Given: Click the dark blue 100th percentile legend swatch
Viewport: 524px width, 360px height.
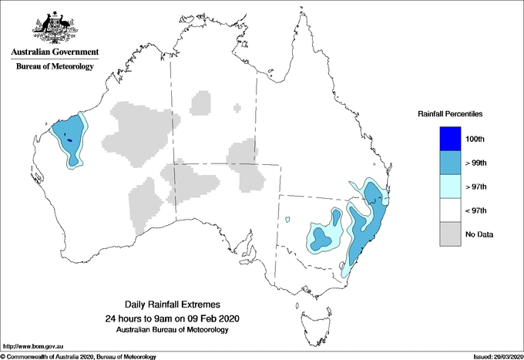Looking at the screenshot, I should pos(450,139).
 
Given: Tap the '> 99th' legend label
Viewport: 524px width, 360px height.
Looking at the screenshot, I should pos(477,163).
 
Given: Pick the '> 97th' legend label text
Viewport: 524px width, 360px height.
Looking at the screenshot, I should pos(477,187).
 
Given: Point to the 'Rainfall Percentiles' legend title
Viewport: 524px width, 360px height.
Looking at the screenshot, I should pos(450,114).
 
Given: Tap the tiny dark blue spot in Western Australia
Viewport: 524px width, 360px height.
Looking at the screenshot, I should pos(69,140).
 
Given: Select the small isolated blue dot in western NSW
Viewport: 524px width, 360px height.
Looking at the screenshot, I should pos(287,220).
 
